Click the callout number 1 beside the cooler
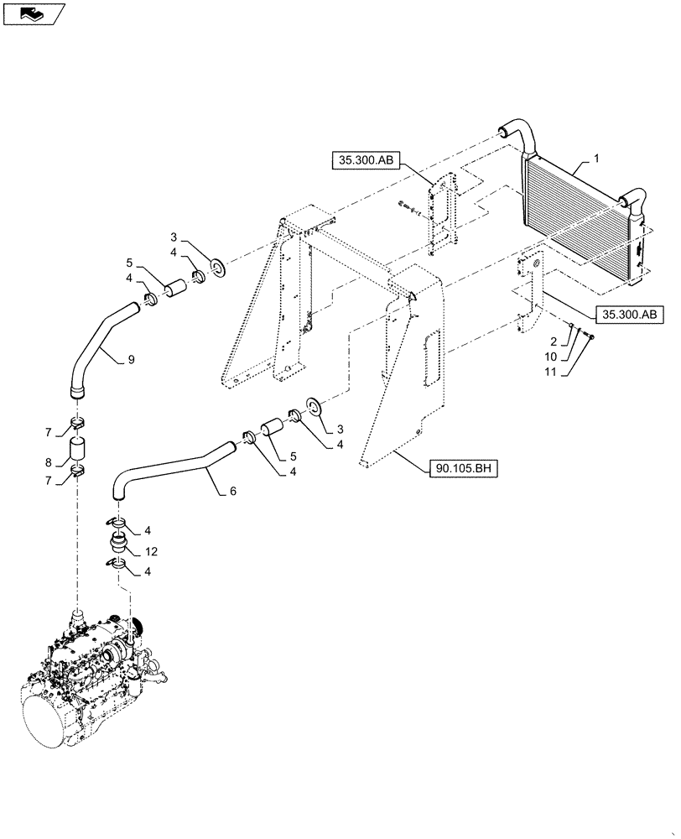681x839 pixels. [596, 157]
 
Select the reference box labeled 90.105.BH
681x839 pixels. [464, 470]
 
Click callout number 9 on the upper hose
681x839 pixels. [131, 360]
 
